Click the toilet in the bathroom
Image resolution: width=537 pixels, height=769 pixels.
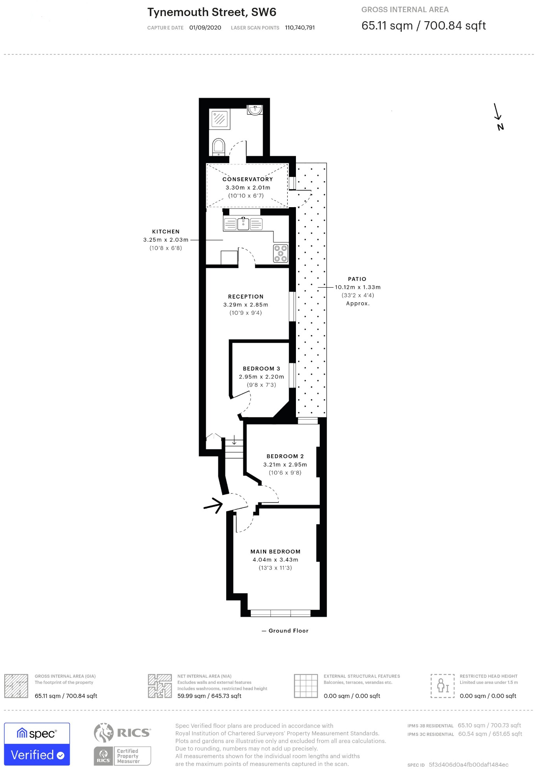218,147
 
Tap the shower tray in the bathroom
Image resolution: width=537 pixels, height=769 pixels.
220,118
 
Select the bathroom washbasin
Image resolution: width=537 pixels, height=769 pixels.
255,109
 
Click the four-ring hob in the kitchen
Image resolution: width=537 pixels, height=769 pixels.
281,253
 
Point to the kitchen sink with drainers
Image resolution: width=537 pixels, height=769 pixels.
243,224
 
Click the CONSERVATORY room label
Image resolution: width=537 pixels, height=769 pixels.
247,179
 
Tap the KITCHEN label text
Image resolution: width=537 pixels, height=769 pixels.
166,232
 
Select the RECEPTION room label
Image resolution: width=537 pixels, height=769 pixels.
246,297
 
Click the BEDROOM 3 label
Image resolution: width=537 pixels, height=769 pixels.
261,369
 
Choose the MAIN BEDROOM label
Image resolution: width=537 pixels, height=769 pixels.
276,552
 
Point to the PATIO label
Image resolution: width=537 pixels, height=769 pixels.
357,279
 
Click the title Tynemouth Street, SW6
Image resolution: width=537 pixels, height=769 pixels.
212,13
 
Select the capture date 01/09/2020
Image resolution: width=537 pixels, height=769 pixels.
205,28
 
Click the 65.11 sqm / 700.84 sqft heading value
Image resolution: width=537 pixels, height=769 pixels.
423,26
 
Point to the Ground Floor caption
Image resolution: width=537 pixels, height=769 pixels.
288,631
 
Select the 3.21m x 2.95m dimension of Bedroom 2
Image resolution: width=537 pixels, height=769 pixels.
285,465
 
